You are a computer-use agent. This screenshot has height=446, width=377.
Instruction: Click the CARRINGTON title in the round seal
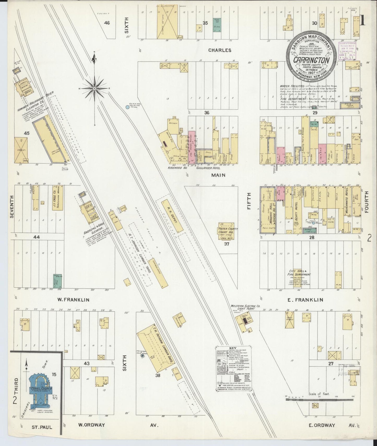point(311,60)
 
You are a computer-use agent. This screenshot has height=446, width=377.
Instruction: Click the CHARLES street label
point(220,50)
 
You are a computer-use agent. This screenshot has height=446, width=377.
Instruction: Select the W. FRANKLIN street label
point(73,300)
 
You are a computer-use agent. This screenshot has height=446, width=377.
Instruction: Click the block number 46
point(107,23)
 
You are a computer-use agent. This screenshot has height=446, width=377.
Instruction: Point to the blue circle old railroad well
point(127,107)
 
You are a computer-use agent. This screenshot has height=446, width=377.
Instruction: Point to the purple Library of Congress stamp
point(347,51)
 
